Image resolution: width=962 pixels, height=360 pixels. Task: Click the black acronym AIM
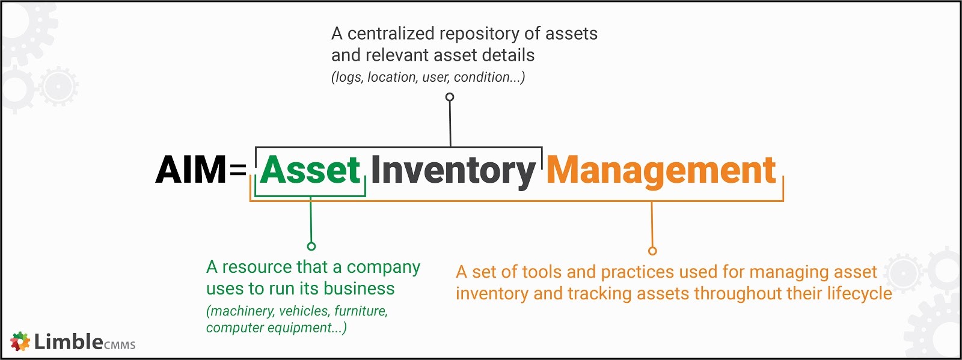(191, 170)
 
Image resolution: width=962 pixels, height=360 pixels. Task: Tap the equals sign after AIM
(238, 170)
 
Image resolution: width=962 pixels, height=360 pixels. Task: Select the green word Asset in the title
(310, 170)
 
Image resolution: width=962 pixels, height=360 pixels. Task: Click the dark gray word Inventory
(453, 171)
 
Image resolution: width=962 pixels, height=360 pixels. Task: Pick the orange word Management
(661, 171)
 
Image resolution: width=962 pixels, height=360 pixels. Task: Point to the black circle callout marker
(450, 97)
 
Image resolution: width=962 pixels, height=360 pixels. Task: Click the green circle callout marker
(311, 246)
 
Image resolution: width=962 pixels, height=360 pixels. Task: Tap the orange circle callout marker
(652, 251)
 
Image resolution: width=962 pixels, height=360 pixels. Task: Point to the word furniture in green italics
(361, 311)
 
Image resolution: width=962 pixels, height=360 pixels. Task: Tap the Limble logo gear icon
(20, 341)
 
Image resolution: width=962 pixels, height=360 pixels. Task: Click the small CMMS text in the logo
(120, 345)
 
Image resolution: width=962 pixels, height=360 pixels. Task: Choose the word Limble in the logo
(69, 341)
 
